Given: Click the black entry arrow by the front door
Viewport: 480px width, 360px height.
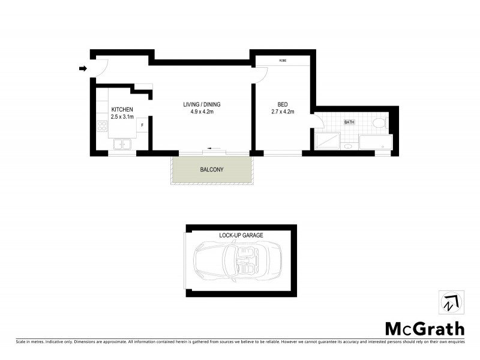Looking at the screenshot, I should [83, 69].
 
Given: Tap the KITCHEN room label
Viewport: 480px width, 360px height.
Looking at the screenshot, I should [122, 109].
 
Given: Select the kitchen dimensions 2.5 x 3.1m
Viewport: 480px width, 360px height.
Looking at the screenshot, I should [122, 116].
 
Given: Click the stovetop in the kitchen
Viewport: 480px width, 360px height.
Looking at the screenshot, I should [102, 127].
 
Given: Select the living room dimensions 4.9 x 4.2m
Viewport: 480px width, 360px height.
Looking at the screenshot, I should [198, 112].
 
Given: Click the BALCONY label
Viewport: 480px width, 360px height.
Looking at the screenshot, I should [212, 170].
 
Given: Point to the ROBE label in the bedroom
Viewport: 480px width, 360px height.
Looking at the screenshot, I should [282, 61].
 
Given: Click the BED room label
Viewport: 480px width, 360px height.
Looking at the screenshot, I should [283, 103].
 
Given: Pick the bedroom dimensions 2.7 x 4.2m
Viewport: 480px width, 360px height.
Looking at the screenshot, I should [283, 111].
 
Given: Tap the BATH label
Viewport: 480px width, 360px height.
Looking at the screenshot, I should [349, 122].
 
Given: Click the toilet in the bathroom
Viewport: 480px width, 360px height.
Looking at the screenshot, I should [378, 124].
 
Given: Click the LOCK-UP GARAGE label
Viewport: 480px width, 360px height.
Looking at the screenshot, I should [242, 235].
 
